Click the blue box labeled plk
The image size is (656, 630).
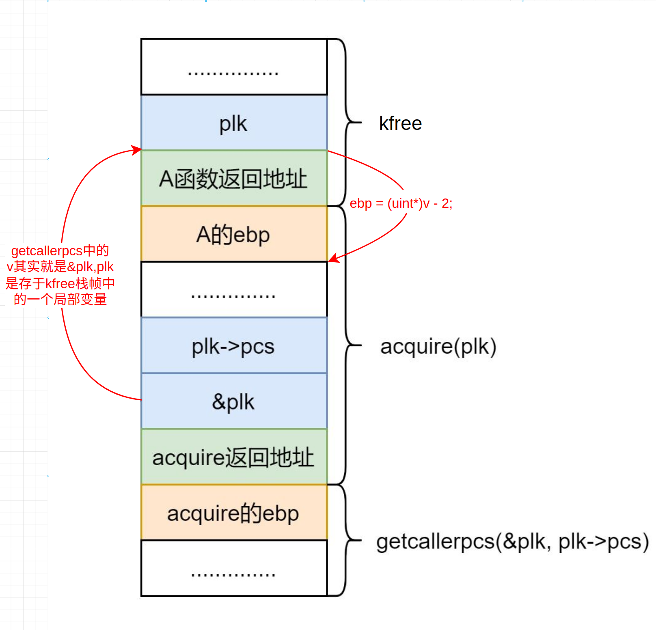point(234,123)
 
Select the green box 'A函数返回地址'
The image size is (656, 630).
point(234,179)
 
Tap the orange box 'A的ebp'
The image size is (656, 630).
point(234,234)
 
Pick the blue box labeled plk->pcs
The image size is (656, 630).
point(234,346)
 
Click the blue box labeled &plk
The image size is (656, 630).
point(234,401)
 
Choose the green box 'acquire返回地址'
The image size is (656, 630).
point(234,457)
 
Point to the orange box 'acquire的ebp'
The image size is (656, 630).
point(234,513)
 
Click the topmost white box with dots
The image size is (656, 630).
point(234,67)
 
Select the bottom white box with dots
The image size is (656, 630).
point(234,568)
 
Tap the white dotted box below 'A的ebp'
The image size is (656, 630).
point(234,290)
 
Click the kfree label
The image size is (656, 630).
point(400,123)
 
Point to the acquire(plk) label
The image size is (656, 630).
point(438,346)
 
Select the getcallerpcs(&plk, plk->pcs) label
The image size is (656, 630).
point(512,541)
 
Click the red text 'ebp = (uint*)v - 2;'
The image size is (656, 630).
point(401,203)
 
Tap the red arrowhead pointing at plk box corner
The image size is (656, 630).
point(136,150)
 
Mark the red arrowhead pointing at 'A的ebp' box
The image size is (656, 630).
point(333,259)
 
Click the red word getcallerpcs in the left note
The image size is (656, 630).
point(47,251)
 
